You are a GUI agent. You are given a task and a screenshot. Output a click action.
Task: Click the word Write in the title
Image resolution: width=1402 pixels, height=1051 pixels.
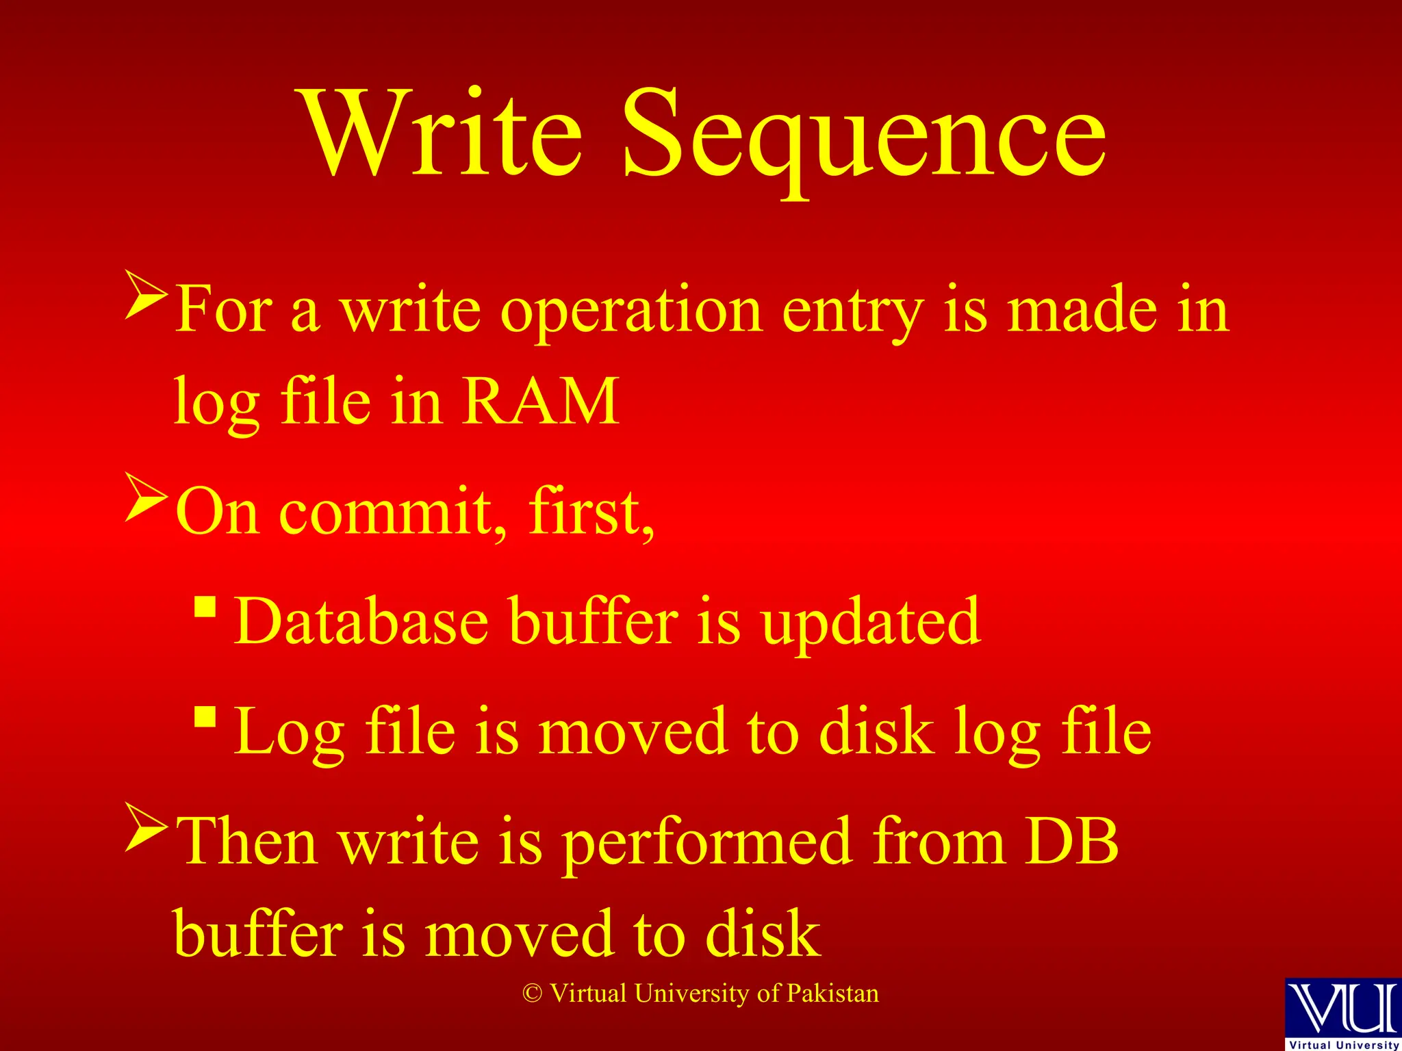pos(442,133)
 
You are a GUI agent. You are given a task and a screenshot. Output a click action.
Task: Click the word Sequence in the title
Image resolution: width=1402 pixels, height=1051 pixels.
pos(864,137)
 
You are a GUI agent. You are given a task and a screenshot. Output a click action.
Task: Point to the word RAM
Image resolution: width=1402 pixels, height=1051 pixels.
pos(540,402)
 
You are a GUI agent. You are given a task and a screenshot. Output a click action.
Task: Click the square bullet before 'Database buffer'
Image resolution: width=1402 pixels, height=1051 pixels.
pos(205,606)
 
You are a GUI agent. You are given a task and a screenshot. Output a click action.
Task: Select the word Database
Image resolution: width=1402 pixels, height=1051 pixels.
pos(361,621)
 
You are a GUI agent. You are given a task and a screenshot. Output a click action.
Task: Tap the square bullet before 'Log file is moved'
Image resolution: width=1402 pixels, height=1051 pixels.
pos(205,716)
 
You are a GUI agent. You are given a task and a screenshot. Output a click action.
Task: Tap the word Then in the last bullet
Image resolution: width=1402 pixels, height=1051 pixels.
pos(246,842)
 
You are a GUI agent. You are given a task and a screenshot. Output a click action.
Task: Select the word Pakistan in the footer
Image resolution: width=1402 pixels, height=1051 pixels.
pos(832,993)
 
